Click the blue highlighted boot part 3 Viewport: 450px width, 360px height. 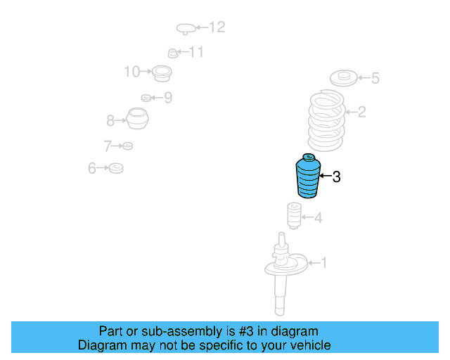(x=308, y=176)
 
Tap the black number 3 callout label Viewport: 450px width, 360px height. (x=336, y=176)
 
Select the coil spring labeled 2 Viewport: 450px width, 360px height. (x=326, y=120)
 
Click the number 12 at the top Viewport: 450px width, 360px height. (x=217, y=27)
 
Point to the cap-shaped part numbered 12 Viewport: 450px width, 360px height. (x=186, y=29)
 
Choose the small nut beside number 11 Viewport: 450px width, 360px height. (x=173, y=53)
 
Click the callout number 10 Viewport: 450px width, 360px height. (x=131, y=72)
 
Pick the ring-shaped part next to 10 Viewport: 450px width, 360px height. (x=162, y=74)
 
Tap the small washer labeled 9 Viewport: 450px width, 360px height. (x=146, y=98)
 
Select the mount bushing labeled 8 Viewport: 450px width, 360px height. (x=138, y=118)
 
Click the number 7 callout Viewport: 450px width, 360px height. (x=108, y=146)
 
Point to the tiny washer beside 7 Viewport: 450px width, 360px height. (x=128, y=146)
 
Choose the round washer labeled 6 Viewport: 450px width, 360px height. (x=116, y=168)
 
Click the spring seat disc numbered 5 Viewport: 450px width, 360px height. (x=343, y=78)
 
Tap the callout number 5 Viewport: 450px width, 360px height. (x=375, y=78)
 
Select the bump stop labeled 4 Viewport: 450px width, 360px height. (x=295, y=216)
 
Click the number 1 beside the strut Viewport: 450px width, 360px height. (x=323, y=263)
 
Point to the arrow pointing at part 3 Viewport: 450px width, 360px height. (x=326, y=176)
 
